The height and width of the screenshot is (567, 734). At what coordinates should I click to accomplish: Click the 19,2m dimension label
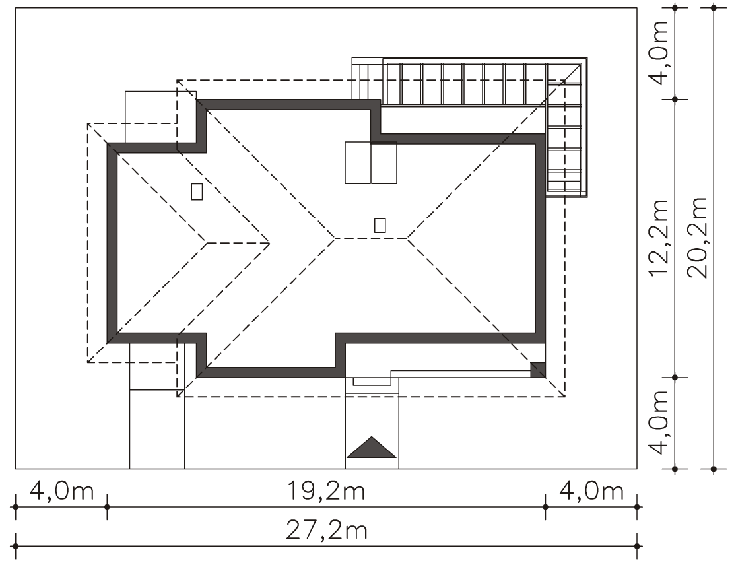[x=326, y=492]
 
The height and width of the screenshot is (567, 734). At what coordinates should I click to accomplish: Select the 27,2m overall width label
[x=326, y=531]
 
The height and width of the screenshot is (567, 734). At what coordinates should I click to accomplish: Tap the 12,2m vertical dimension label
[x=660, y=238]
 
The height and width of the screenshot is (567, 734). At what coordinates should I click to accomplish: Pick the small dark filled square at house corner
[x=538, y=370]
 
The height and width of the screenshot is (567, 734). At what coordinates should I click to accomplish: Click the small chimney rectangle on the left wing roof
[x=197, y=191]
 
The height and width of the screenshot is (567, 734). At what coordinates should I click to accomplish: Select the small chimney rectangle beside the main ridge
[x=380, y=225]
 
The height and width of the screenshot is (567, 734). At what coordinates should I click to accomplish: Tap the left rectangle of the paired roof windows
[x=358, y=162]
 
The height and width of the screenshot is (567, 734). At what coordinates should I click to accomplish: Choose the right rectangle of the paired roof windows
[x=384, y=162]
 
